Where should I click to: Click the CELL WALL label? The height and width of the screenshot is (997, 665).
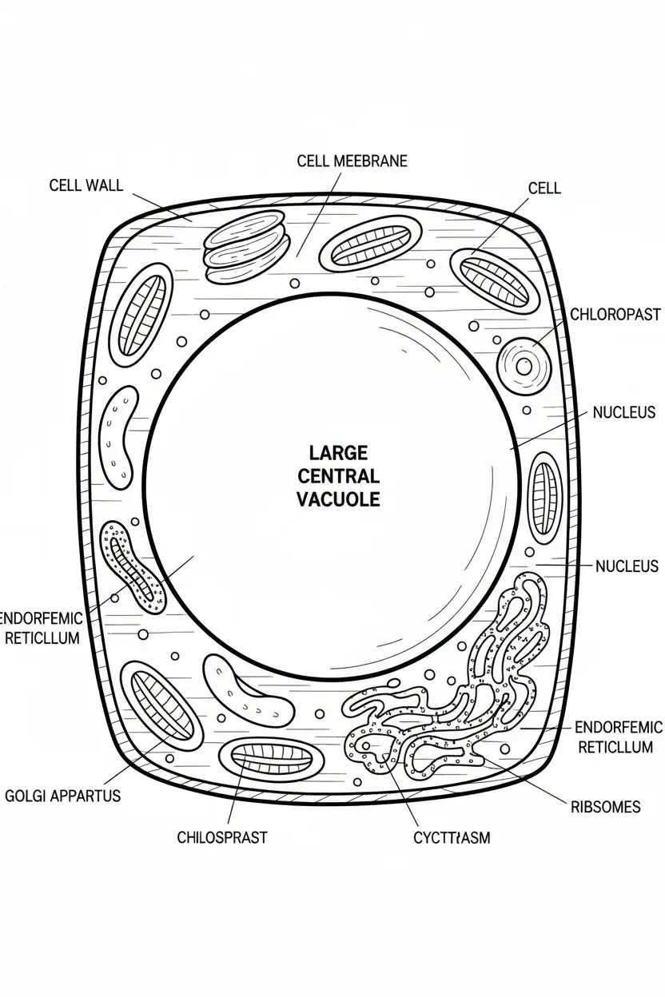86,185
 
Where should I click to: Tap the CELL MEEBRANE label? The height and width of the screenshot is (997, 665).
352,161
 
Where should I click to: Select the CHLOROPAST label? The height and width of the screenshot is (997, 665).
615,315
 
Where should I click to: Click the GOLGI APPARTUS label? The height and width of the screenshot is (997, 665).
62,796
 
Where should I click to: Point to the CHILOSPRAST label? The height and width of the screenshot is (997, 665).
222,837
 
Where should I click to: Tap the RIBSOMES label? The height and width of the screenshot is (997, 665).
605,807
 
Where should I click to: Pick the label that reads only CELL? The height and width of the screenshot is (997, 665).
544,189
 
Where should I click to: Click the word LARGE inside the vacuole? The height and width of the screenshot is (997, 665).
338,453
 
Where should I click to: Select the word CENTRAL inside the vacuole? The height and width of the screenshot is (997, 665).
338,477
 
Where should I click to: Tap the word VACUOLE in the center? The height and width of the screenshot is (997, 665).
338,500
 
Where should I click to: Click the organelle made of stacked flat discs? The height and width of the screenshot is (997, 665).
245,247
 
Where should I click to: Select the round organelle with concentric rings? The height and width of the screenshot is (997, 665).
524,367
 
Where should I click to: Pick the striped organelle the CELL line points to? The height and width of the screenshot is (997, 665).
494,280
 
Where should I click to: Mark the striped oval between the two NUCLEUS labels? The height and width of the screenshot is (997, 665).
546,495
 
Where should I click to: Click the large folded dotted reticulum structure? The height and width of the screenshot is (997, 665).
448,695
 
